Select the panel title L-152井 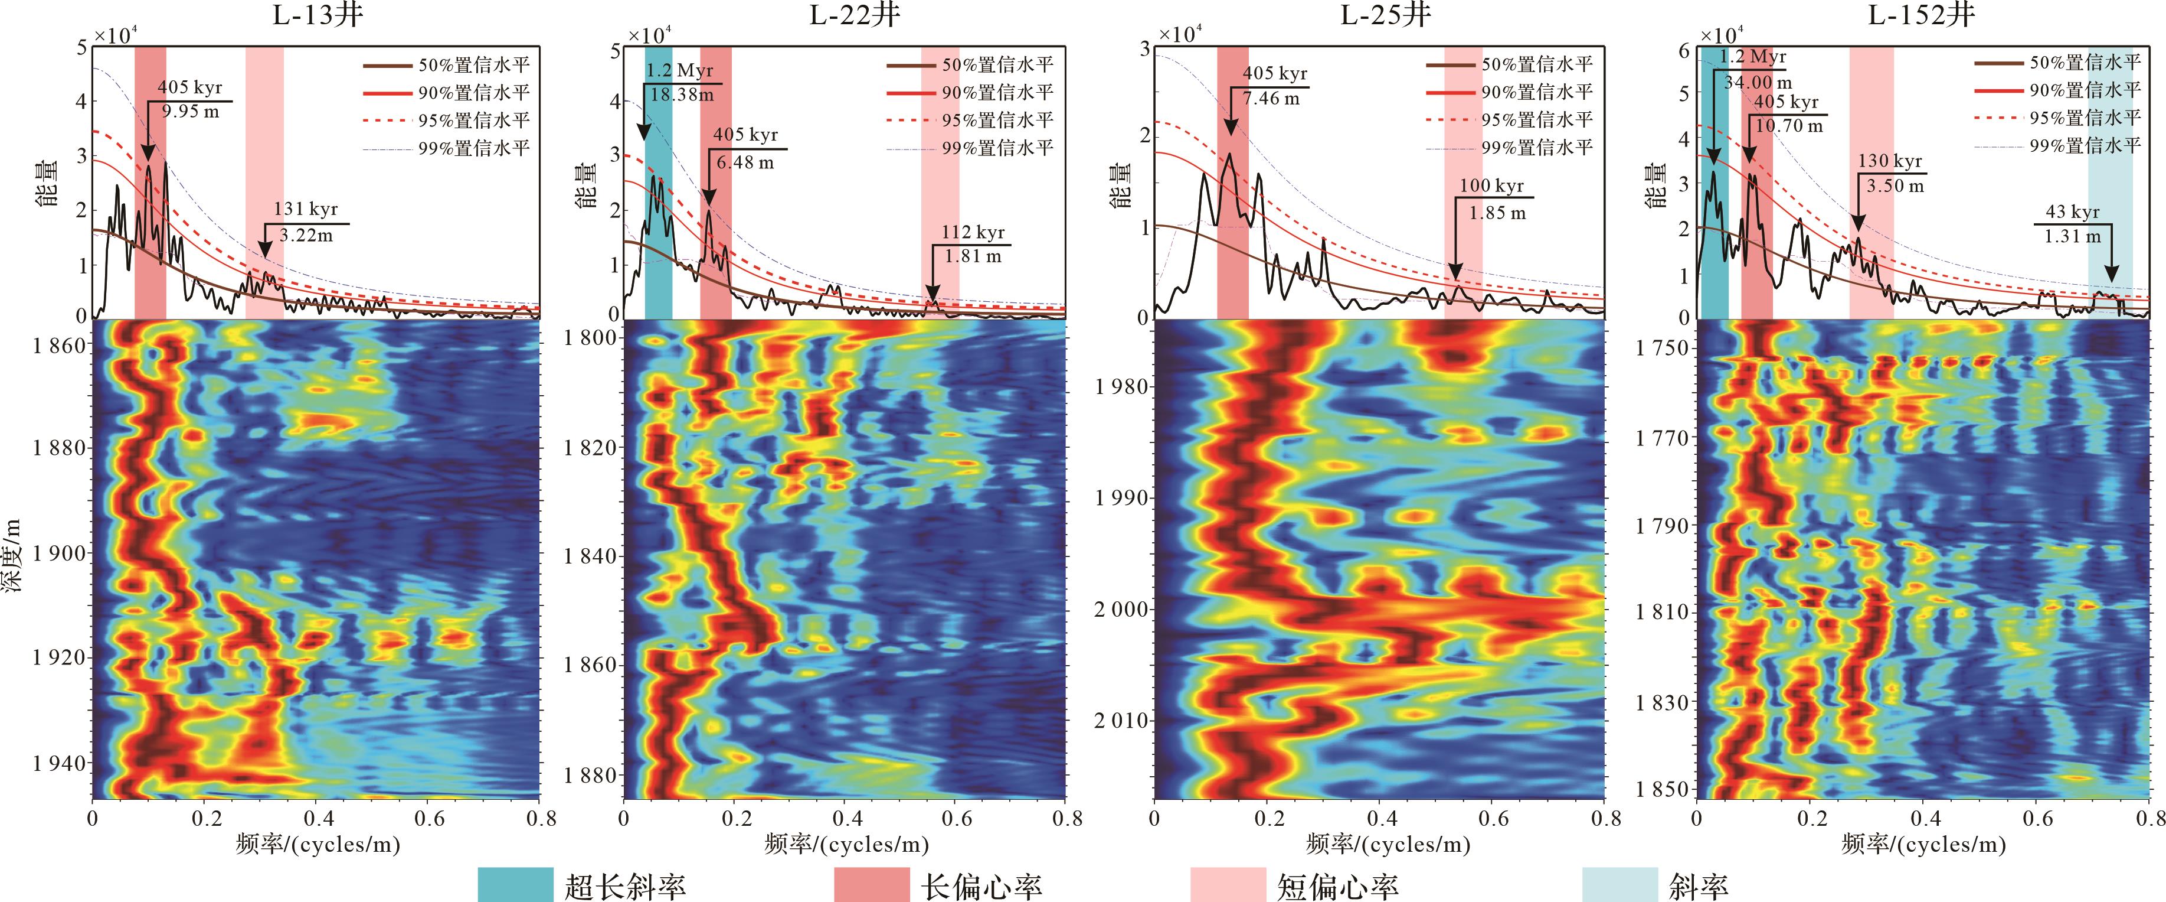[1920, 15]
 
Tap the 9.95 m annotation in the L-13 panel [190, 112]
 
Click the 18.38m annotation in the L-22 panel [682, 95]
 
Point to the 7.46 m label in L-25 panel [1271, 99]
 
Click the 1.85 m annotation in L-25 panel [1497, 213]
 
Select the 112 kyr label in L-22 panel [973, 232]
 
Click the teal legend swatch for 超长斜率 [515, 884]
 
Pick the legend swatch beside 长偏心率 [871, 884]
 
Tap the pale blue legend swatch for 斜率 [1619, 884]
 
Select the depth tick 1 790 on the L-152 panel [1661, 526]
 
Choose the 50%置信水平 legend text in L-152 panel [2085, 62]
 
